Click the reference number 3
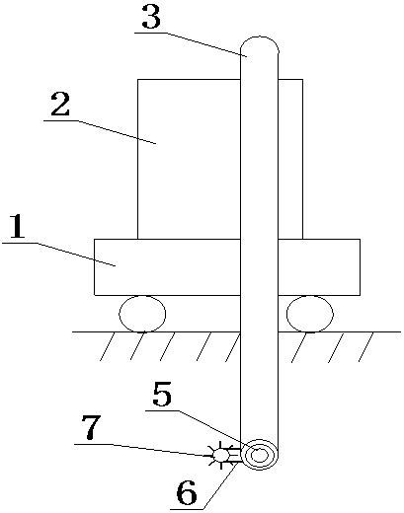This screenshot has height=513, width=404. click(x=151, y=17)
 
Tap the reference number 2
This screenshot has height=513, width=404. click(x=60, y=105)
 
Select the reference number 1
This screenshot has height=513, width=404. click(x=17, y=226)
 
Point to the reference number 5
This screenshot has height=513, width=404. click(x=162, y=394)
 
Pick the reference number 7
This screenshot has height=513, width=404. click(x=91, y=427)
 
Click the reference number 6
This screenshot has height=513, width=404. click(x=187, y=492)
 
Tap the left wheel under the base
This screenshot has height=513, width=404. click(x=142, y=314)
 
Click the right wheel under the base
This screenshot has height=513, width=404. click(x=310, y=314)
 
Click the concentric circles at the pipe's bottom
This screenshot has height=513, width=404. click(x=260, y=455)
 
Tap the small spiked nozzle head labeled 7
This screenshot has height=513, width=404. click(x=220, y=455)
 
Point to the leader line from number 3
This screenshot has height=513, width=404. click(x=191, y=44)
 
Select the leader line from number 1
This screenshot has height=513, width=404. click(x=59, y=255)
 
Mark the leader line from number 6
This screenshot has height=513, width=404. click(x=205, y=486)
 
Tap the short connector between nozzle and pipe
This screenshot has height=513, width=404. click(x=235, y=456)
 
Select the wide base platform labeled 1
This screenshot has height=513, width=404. click(x=227, y=267)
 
